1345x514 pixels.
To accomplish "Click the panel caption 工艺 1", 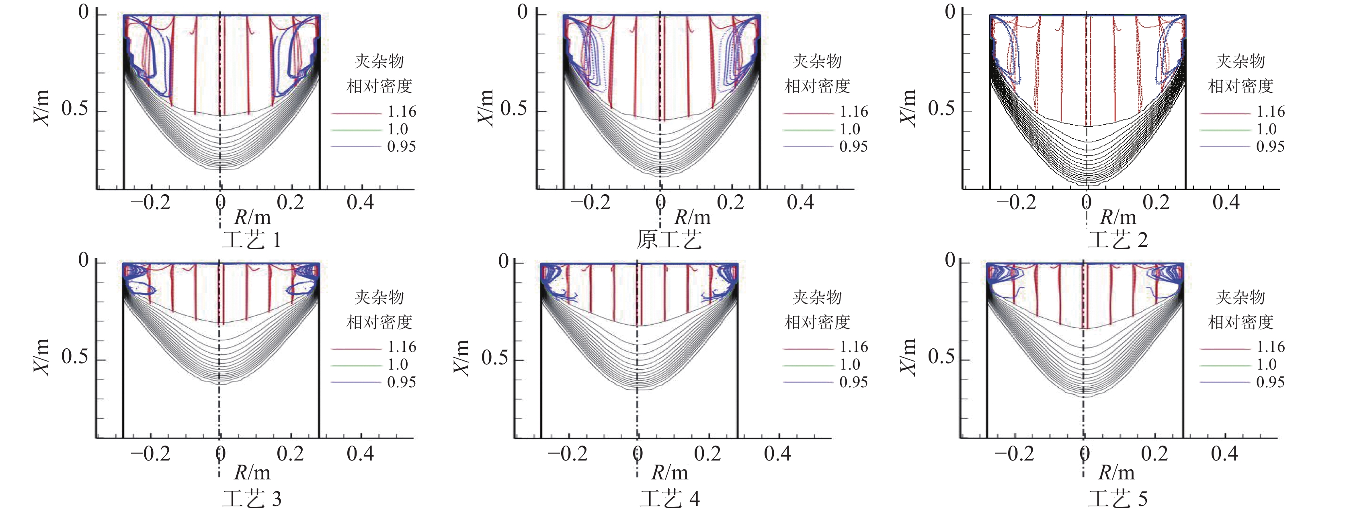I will (x=252, y=240).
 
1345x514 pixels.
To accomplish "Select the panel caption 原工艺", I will (x=669, y=240).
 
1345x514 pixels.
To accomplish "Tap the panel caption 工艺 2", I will (x=1117, y=240).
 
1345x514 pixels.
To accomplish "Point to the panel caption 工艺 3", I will (x=252, y=499).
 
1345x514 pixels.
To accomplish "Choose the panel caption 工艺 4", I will (x=669, y=499).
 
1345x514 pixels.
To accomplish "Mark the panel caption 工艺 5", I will (x=1117, y=499).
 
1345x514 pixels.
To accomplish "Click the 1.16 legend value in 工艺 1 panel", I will (x=402, y=112).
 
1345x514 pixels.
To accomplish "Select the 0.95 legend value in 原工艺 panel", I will (x=853, y=147).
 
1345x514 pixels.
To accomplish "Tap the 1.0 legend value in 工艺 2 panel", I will (x=1266, y=129).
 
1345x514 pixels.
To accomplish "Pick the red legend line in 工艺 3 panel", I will (x=357, y=348).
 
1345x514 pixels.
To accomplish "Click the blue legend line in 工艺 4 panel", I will (x=808, y=382).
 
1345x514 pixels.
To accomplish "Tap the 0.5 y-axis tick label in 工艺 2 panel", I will (x=941, y=109).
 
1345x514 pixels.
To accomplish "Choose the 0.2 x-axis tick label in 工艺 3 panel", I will (x=290, y=453).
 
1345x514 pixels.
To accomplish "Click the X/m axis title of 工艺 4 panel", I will (x=461, y=358).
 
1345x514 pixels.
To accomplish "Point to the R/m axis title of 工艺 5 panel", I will (x=1116, y=473).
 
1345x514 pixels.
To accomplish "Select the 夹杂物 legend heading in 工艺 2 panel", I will (x=1240, y=62).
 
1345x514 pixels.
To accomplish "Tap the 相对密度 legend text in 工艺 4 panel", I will (x=817, y=322).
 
